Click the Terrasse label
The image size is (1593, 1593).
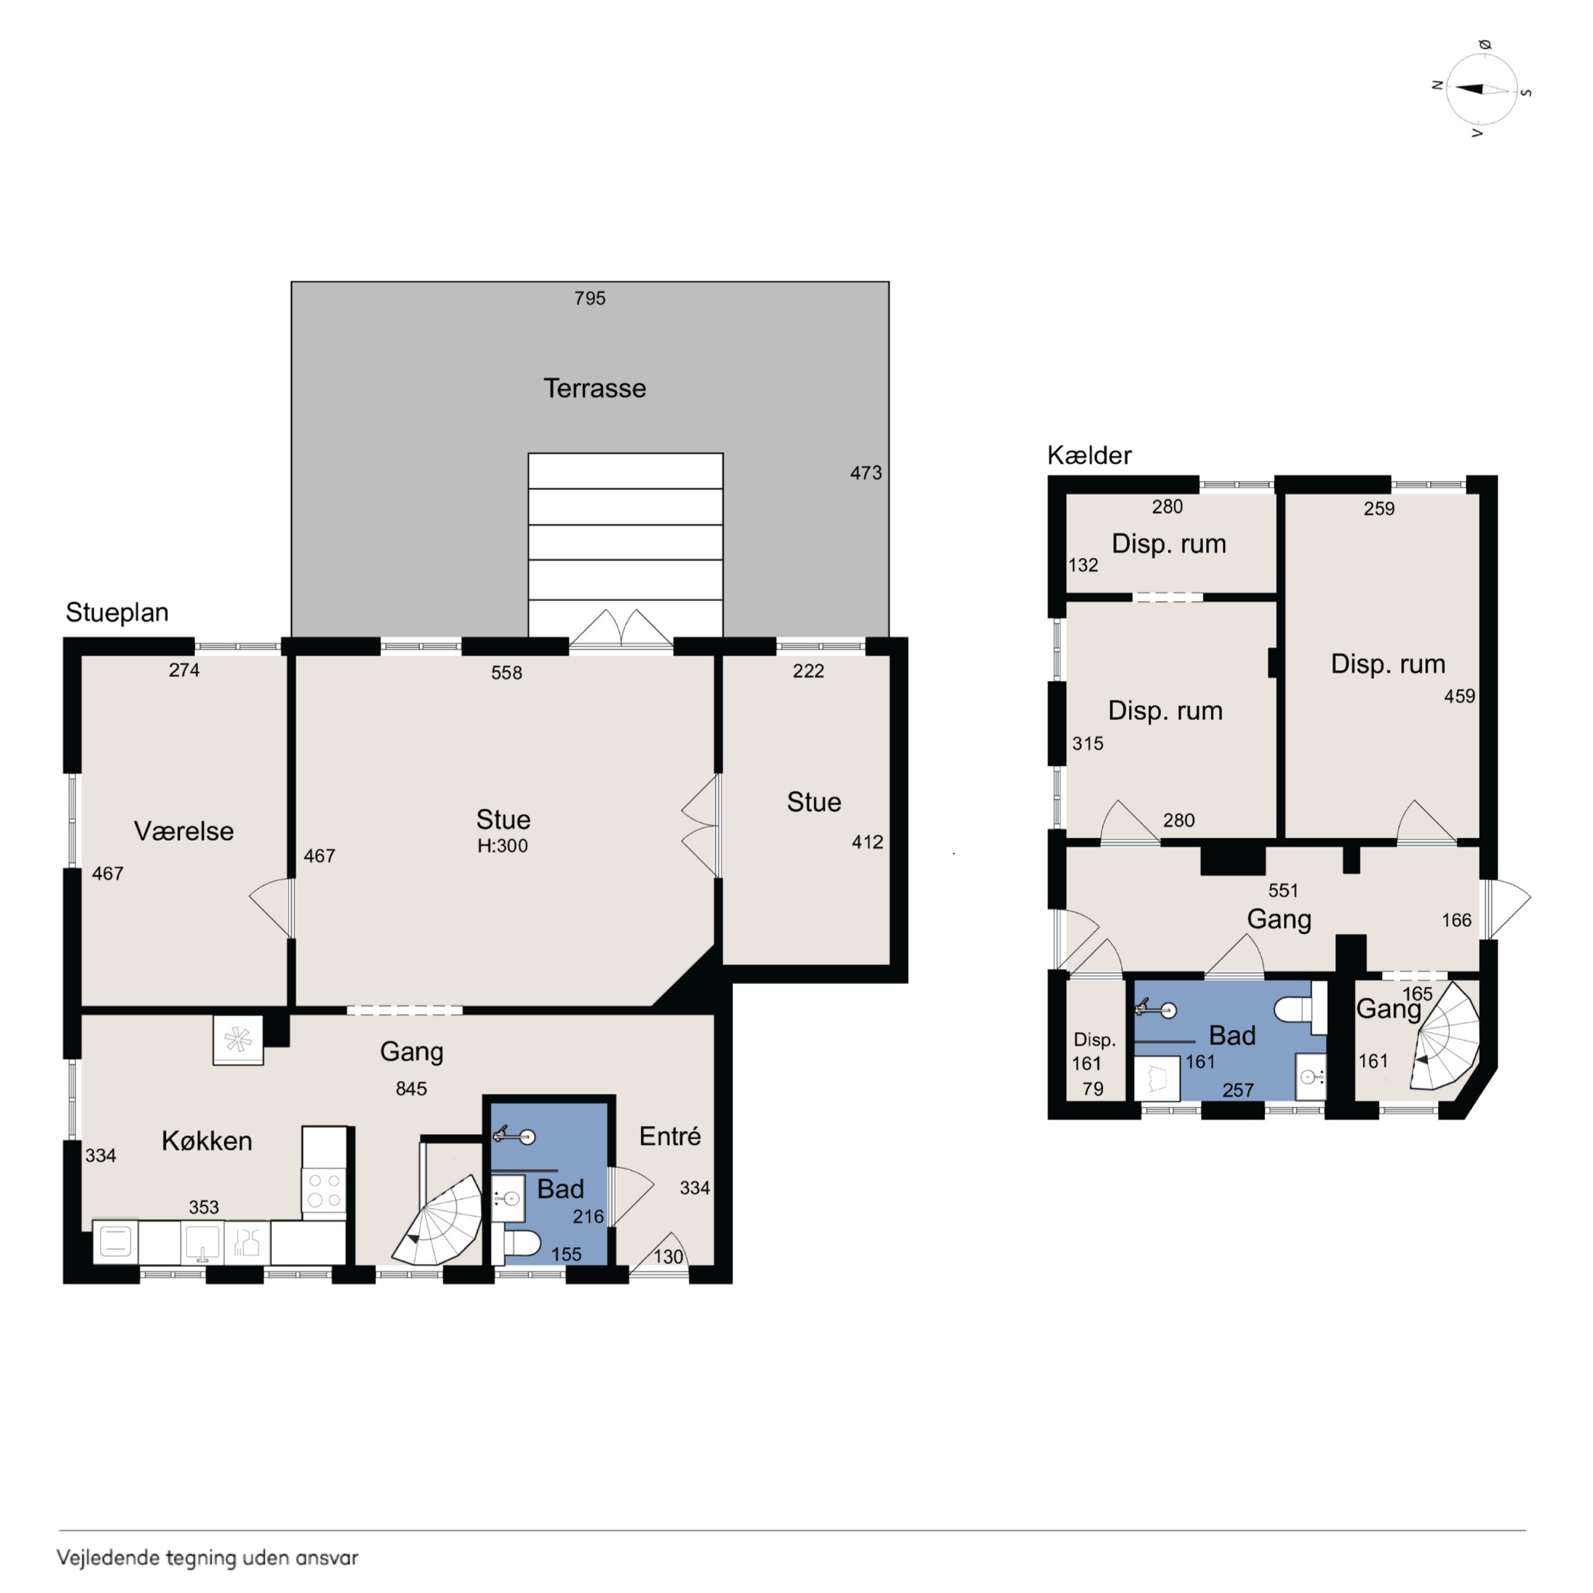click(594, 388)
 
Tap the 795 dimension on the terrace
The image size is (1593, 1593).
click(589, 298)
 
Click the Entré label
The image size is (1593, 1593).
click(670, 1135)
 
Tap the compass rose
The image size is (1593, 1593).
click(1481, 89)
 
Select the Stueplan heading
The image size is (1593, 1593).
click(117, 612)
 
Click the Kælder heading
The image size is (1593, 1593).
click(1089, 455)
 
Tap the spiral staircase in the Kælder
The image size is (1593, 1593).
click(1445, 1037)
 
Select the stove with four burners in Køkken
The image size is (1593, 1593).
click(324, 1190)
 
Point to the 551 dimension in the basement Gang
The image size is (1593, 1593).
click(1283, 890)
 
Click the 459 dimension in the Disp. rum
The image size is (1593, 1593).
click(1459, 696)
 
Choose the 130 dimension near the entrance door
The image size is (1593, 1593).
click(668, 1257)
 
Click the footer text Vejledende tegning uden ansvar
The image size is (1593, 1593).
click(207, 1557)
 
